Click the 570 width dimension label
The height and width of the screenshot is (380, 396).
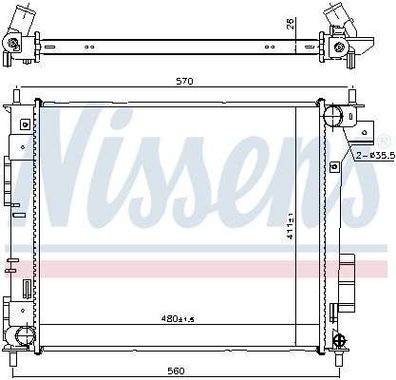pos(184,81)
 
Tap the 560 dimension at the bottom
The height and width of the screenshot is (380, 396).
pos(177,370)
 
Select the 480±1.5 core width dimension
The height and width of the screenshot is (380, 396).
pos(178,319)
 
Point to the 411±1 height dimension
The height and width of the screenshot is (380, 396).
pos(291,225)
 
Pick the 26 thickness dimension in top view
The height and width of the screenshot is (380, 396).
pos(291,24)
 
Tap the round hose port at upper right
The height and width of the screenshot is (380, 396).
pos(333,116)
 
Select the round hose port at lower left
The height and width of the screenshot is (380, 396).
pos(24,336)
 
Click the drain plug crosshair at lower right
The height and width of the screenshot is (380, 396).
pos(341,339)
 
